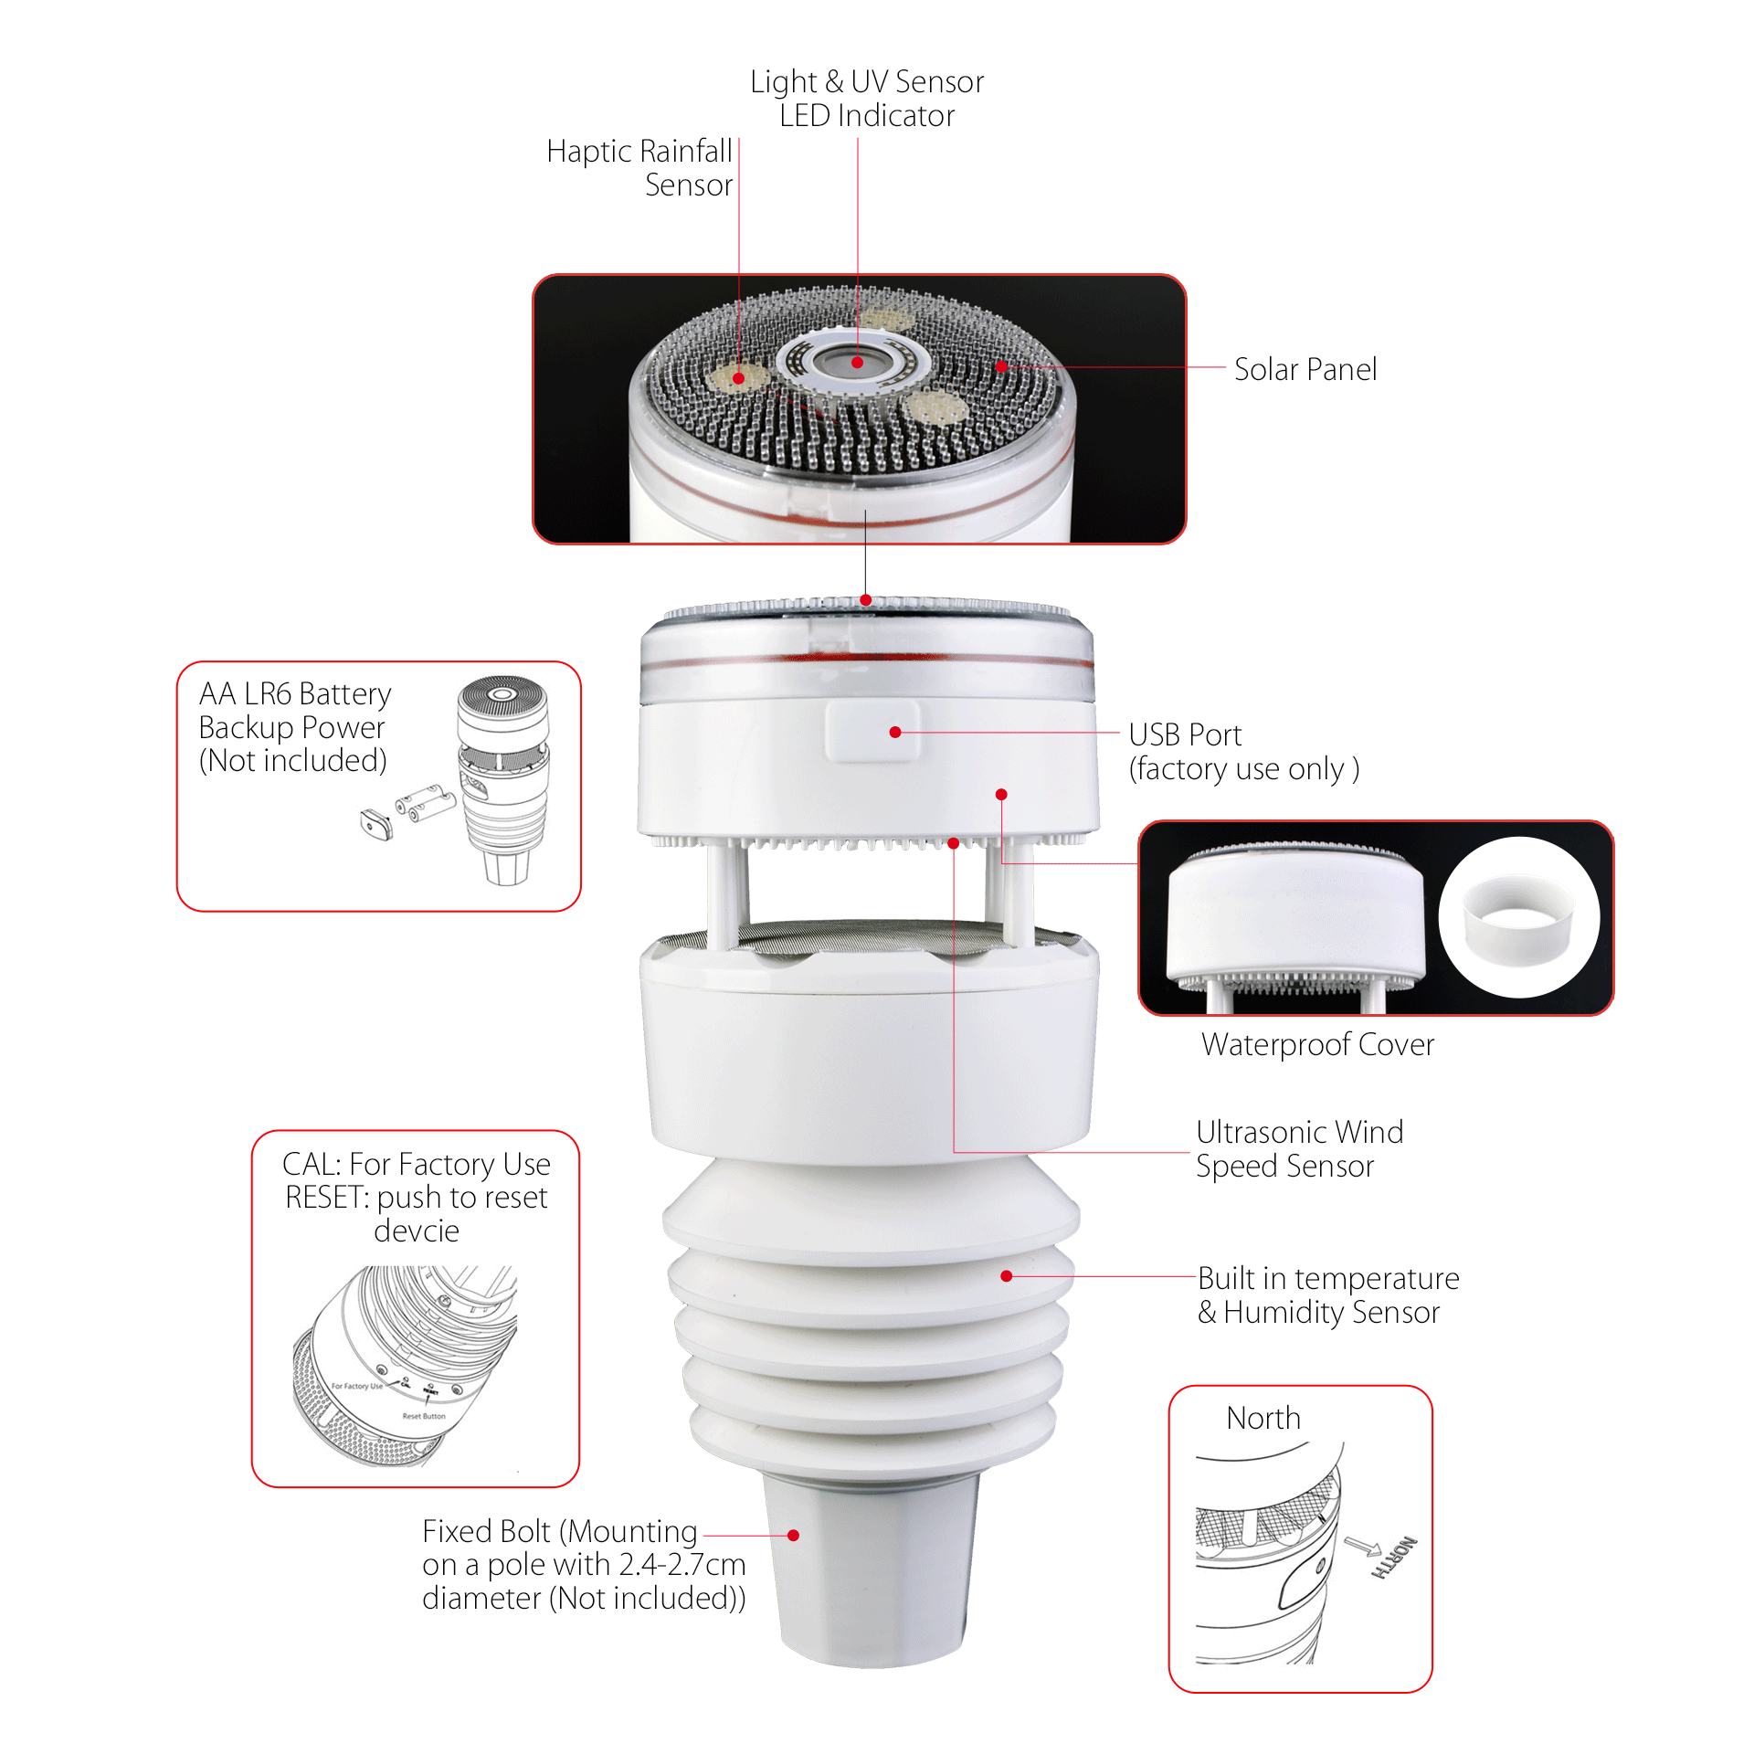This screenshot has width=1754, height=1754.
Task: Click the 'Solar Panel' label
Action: coord(1305,369)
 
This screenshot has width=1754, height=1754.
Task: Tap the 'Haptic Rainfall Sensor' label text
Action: coord(640,168)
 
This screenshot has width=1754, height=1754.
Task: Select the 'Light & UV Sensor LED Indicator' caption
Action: coord(866,99)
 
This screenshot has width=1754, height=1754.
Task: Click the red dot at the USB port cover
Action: coord(895,732)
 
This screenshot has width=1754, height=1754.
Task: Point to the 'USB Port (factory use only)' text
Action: coord(1242,752)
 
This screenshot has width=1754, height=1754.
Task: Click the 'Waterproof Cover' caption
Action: coord(1317,1044)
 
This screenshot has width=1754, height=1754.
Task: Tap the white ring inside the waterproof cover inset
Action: coord(1518,918)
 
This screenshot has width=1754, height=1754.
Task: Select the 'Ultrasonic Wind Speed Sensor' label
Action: coord(1298,1148)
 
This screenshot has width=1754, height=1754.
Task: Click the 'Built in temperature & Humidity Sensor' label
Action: coord(1327,1294)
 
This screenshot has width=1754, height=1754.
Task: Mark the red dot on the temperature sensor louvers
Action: coord(1006,1276)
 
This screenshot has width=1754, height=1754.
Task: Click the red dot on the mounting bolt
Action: coord(793,1536)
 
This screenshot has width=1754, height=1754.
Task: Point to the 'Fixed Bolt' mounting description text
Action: coord(583,1564)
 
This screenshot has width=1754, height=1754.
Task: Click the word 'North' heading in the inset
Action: coord(1263,1418)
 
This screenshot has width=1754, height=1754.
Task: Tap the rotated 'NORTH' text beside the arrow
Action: coord(1395,1557)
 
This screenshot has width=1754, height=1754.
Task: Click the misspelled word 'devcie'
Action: coord(417,1231)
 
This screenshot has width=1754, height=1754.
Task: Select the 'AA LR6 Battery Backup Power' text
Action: coord(294,726)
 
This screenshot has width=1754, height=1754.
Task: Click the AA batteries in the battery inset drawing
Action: coord(426,802)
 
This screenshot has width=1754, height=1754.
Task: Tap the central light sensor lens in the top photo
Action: coord(857,363)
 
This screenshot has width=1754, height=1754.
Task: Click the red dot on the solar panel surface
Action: coord(1001,366)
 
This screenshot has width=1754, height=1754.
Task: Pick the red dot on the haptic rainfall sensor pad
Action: coord(738,377)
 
